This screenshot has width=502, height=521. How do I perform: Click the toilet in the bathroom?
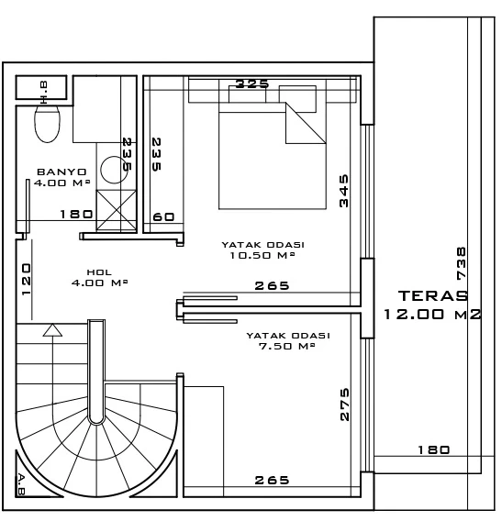[48, 124]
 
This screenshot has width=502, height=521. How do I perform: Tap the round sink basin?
[114, 170]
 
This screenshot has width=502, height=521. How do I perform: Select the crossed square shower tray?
[117, 210]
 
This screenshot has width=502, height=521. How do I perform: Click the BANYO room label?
[61, 172]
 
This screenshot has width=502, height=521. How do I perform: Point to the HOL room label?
[99, 272]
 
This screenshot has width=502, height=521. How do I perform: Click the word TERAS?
[433, 295]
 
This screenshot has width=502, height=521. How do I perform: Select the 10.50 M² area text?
[262, 255]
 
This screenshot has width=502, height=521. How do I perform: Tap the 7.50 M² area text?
[286, 346]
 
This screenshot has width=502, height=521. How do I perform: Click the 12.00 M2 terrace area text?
[432, 314]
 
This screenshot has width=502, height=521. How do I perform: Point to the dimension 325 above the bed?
[251, 83]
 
